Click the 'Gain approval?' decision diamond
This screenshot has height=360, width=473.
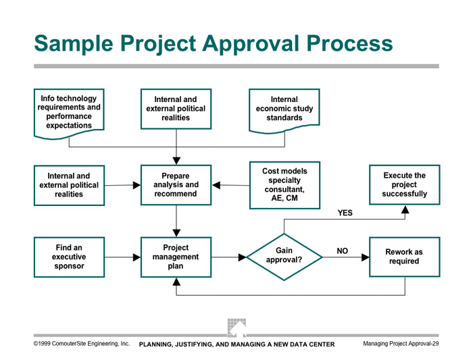tap(284, 257)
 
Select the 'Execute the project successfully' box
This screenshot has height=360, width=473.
tap(405, 184)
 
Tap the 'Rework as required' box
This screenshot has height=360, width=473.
tap(405, 257)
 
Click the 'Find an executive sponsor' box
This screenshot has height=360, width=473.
tap(69, 257)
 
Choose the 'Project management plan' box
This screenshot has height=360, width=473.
tap(176, 257)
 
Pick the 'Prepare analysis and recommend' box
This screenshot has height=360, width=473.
tap(176, 185)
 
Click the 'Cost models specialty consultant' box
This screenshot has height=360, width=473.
tap(284, 185)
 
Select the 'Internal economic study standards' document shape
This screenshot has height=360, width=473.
tap(284, 111)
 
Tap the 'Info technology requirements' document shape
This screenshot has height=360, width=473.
tap(69, 113)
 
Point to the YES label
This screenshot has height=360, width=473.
tap(345, 213)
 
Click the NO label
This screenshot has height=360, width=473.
tap(343, 251)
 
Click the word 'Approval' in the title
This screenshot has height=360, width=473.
tap(251, 44)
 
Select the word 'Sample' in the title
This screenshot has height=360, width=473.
tap(74, 44)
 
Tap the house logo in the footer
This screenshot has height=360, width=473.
tap(236, 328)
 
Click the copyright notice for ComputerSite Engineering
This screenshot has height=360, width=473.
tap(82, 343)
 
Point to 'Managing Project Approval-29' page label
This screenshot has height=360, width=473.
tap(401, 343)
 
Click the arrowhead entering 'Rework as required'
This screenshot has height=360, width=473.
tap(366, 257)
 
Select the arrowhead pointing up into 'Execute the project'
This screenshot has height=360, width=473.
tap(405, 209)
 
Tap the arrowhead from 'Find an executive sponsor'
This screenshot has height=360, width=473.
tap(136, 257)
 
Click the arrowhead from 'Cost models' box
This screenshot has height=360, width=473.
tap(216, 185)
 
